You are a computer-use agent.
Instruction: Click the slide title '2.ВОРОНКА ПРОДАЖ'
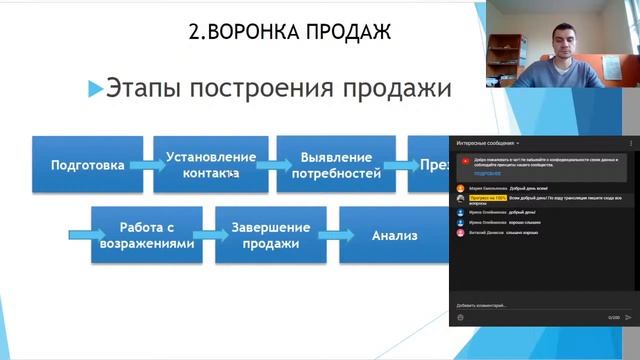point(289,32)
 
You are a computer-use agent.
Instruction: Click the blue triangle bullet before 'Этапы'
point(96,89)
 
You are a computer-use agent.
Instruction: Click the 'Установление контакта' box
point(211,165)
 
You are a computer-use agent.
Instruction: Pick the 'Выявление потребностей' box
point(336,165)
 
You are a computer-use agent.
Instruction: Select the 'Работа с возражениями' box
point(147,235)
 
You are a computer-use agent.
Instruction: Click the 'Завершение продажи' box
point(270,235)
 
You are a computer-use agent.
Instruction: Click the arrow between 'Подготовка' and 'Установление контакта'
point(146,165)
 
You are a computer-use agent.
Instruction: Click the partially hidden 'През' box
point(428,165)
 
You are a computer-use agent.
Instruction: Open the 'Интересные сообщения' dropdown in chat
point(490,143)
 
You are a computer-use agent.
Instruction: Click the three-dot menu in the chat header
point(631,143)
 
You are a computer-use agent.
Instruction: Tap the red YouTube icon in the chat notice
point(466,160)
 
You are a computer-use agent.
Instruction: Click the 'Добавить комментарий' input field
point(520,305)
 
